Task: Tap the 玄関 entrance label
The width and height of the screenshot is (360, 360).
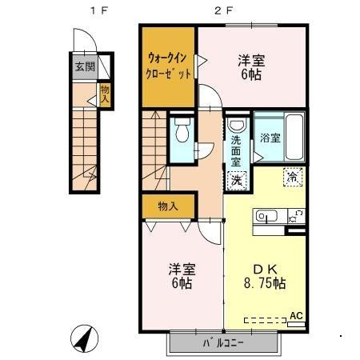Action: [x=84, y=66]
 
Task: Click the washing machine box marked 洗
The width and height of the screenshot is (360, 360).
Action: [x=236, y=180]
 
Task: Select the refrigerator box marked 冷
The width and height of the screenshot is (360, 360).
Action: [x=293, y=178]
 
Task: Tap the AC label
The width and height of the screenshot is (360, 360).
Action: [x=296, y=316]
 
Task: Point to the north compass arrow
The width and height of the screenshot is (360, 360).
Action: [x=83, y=338]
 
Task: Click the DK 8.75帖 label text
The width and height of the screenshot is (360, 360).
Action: [x=264, y=276]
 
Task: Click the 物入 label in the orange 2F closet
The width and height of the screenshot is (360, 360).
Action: [x=168, y=206]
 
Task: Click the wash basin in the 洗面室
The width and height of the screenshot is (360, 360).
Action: [x=237, y=126]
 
